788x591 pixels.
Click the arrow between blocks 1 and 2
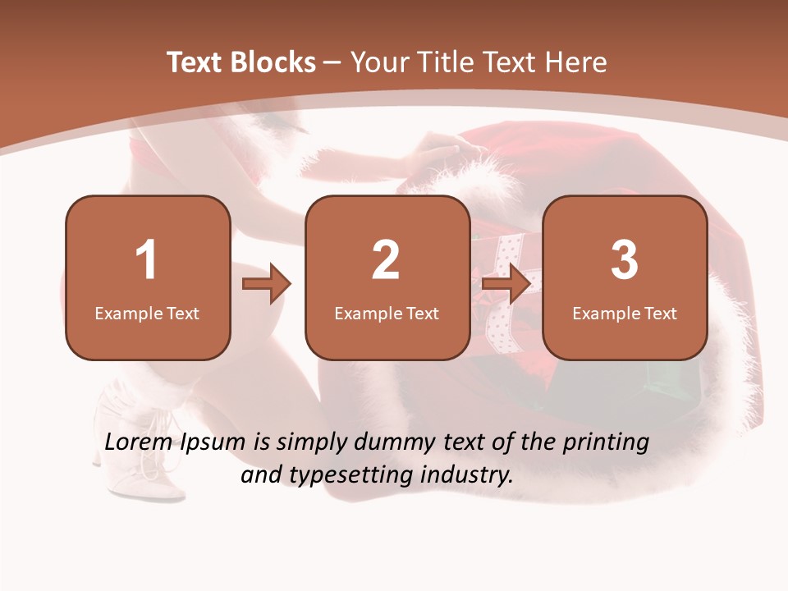[267, 285]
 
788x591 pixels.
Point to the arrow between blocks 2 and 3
[506, 285]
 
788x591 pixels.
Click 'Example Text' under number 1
[147, 313]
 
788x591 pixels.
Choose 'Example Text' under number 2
[387, 313]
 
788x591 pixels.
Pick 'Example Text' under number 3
[625, 313]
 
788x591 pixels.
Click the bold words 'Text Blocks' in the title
[241, 62]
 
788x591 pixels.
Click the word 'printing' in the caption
[606, 443]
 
